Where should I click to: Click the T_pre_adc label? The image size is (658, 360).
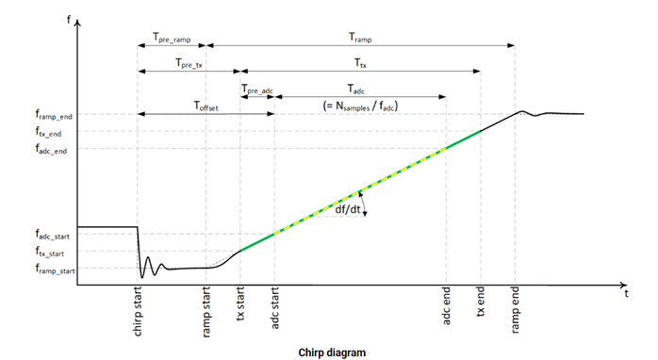tap(257, 89)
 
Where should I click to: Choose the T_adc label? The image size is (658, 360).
tap(359, 89)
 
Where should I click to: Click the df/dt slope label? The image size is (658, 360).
tap(348, 209)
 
